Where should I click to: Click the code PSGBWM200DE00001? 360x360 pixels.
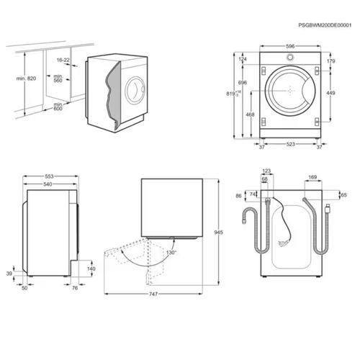[325, 25]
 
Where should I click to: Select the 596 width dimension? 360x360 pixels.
[290, 46]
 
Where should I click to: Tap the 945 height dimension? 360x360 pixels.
[218, 233]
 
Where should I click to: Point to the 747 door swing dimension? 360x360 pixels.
[153, 294]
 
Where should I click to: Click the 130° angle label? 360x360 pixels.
[171, 253]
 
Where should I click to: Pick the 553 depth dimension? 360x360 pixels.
[49, 176]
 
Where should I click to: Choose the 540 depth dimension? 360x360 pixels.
[48, 184]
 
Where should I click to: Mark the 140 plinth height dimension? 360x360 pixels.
[91, 269]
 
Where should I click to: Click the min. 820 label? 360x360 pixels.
[26, 78]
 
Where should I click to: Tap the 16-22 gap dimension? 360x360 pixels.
[63, 60]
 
